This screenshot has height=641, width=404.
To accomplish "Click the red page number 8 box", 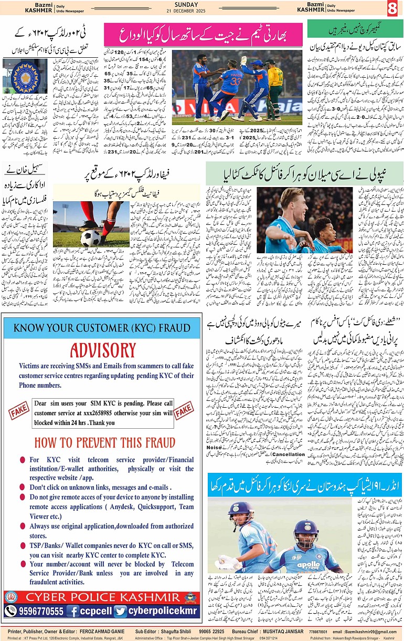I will (392, 8).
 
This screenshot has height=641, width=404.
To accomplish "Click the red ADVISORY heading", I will (103, 350).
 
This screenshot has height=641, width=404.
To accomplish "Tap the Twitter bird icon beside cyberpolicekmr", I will (120, 611).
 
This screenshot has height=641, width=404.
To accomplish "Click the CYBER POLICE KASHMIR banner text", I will (102, 597).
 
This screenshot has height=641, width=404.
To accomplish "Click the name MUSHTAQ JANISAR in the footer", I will (287, 630).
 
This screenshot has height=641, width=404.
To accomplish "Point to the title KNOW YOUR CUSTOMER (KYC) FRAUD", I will (102, 329).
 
